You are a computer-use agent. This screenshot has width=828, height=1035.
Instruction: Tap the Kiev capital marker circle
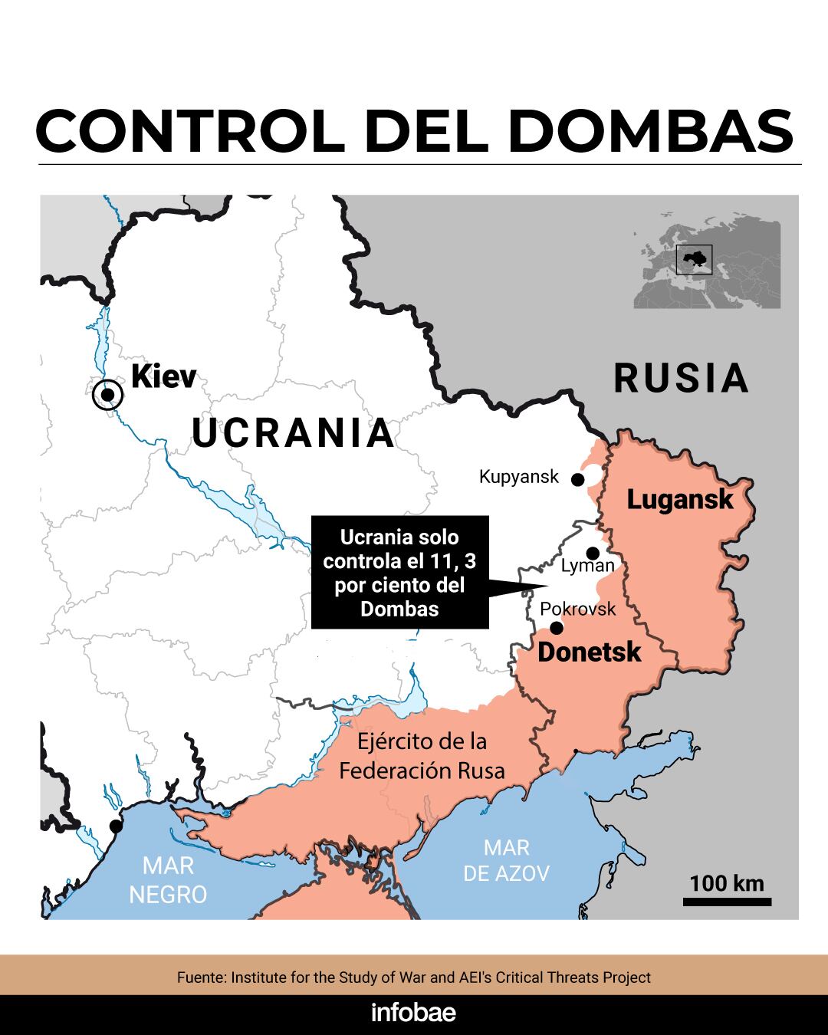(x=107, y=395)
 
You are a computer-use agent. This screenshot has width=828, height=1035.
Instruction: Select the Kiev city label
(x=163, y=376)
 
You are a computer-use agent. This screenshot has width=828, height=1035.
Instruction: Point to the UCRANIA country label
(x=293, y=433)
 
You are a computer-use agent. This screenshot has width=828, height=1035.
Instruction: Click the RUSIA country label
(x=681, y=379)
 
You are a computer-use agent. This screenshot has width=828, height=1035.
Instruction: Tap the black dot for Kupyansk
(x=578, y=480)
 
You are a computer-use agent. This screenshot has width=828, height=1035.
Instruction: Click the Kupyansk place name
(x=519, y=477)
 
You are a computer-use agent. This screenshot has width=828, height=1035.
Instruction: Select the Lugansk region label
(x=680, y=500)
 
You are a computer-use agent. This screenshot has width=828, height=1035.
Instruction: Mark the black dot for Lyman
(x=593, y=553)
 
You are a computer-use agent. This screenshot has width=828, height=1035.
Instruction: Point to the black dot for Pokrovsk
(x=557, y=628)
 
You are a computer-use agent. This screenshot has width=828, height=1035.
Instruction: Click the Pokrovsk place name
(x=578, y=609)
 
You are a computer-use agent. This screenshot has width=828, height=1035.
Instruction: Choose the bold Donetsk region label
(x=589, y=652)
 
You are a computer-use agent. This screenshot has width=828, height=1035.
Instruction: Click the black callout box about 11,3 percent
(x=399, y=573)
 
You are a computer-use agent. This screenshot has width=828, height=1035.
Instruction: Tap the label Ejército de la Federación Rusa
(x=422, y=756)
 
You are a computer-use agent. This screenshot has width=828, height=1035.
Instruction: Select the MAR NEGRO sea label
(x=168, y=880)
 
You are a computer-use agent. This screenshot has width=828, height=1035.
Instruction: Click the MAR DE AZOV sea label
(x=507, y=860)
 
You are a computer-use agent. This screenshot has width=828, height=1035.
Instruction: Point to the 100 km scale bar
(x=727, y=902)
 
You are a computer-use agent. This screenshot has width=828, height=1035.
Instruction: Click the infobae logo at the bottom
(x=413, y=1013)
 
